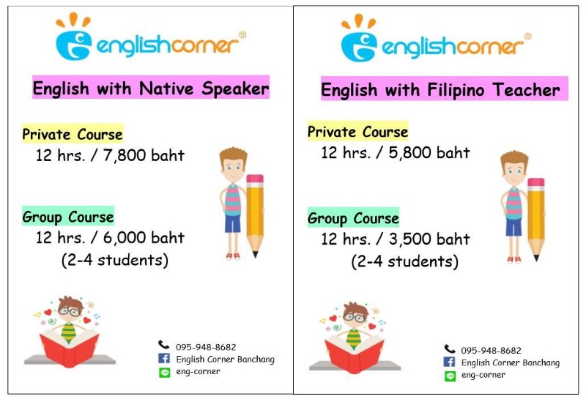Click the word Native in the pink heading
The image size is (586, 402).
(166, 89)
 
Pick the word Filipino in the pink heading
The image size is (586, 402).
(455, 90)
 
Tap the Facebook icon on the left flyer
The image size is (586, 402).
(163, 358)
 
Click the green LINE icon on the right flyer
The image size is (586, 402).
(450, 376)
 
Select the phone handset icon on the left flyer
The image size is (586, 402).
(163, 344)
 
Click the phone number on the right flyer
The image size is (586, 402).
(491, 351)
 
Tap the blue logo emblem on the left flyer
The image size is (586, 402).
(74, 45)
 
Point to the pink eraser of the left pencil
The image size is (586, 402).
(255, 179)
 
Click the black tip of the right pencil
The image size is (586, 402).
(536, 258)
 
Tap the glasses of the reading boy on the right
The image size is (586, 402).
(355, 318)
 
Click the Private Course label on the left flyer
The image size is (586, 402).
(73, 134)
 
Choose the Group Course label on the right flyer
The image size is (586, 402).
(353, 218)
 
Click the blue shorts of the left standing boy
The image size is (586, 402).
(232, 224)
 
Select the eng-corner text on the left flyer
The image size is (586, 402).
(198, 372)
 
